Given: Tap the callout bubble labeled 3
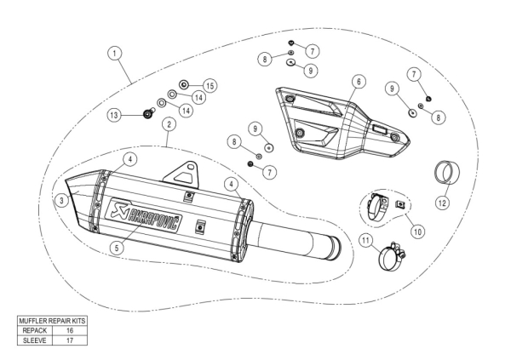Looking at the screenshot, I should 60,200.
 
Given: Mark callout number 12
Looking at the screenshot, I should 441,203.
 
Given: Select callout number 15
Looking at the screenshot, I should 210,85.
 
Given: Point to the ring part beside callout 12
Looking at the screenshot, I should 448,172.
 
